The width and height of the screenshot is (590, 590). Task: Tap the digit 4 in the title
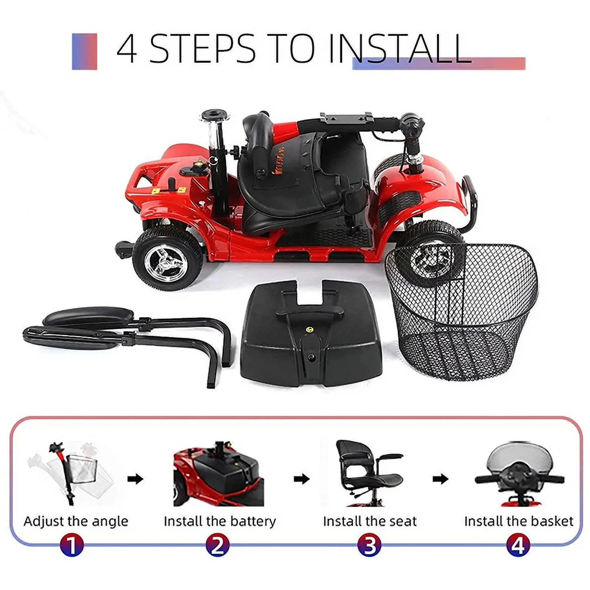point(127,49)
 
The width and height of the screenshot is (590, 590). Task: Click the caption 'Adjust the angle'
point(76,521)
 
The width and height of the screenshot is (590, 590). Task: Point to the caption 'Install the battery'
point(219,521)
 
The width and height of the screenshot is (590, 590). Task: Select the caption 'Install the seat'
point(370,521)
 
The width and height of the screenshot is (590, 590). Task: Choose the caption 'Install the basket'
point(519,521)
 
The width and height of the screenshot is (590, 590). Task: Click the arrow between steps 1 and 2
point(135,479)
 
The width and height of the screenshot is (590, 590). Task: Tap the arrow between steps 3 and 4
point(440,479)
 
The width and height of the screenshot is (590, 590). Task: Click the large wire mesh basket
point(463,313)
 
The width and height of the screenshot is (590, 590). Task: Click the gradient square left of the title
point(84,51)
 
